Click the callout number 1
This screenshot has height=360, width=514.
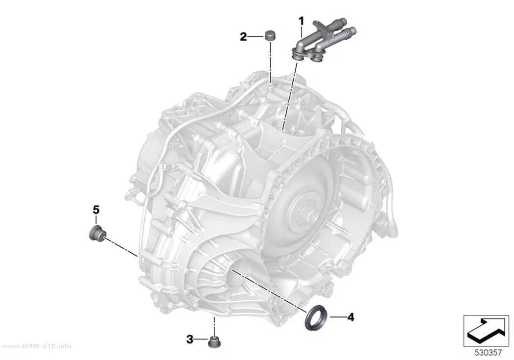301,22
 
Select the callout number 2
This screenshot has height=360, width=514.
243,37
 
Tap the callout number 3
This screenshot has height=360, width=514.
190,339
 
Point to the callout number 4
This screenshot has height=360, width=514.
351,317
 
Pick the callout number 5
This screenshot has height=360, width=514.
96,209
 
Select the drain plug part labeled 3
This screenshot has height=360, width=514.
214,342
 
